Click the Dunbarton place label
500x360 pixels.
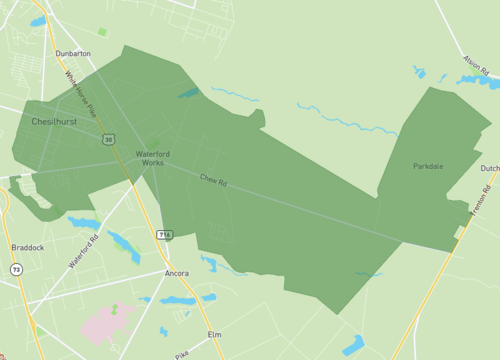pyautogui.click(x=73, y=53)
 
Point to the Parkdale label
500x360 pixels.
pyautogui.click(x=428, y=166)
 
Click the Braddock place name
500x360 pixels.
pyautogui.click(x=28, y=247)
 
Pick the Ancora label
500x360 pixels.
pyautogui.click(x=176, y=273)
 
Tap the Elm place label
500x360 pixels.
pyautogui.click(x=213, y=333)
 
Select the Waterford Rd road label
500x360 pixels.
pyautogui.click(x=84, y=250)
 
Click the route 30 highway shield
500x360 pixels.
pyautogui.click(x=108, y=139)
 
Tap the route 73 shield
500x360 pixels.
pyautogui.click(x=16, y=269)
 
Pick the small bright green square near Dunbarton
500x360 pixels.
pyautogui.click(x=102, y=32)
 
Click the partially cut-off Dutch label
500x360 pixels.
pyautogui.click(x=489, y=169)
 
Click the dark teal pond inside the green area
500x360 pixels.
pyautogui.click(x=188, y=94)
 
